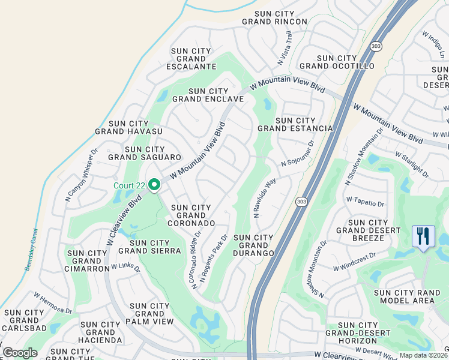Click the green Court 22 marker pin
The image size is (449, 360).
click(x=154, y=185)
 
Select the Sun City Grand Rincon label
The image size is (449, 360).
click(x=274, y=17)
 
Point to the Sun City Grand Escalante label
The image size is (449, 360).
click(x=193, y=59)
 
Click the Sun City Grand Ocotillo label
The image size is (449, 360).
click(x=337, y=62)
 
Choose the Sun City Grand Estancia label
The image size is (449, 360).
click(x=295, y=125)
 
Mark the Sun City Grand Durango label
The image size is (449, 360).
click(x=254, y=245)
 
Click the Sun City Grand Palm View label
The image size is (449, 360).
click(x=150, y=314)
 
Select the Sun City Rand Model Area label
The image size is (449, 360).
click(x=411, y=296)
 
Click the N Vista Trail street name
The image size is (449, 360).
click(x=285, y=48)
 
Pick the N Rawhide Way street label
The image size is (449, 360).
click(x=264, y=197)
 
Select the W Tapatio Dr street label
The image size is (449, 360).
click(x=364, y=201)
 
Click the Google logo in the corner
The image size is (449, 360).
click(x=20, y=353)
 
